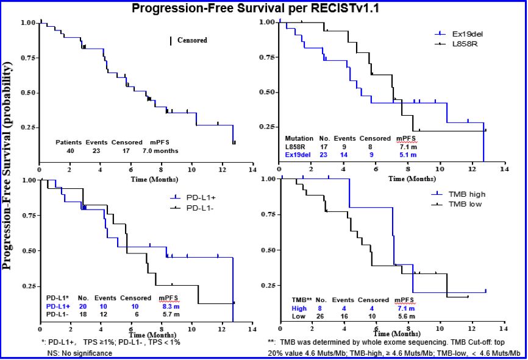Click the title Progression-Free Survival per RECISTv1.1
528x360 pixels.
[263, 9]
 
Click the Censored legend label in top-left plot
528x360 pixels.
[192, 41]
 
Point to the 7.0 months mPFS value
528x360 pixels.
[161, 150]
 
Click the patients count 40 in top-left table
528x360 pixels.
[70, 150]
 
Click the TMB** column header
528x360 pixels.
[302, 300]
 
